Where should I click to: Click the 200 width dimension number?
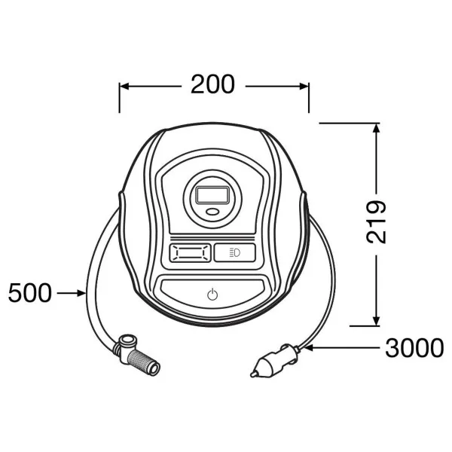[x=212, y=84]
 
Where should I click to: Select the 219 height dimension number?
[x=376, y=221]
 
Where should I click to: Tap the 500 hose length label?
[x=30, y=293]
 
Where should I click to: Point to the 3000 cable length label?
[x=414, y=348]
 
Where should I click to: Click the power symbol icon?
[x=212, y=294]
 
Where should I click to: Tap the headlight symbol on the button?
[x=234, y=253]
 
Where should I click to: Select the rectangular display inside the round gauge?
[x=212, y=195]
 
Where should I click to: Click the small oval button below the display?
[x=212, y=212]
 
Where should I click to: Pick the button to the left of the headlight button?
[x=191, y=253]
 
